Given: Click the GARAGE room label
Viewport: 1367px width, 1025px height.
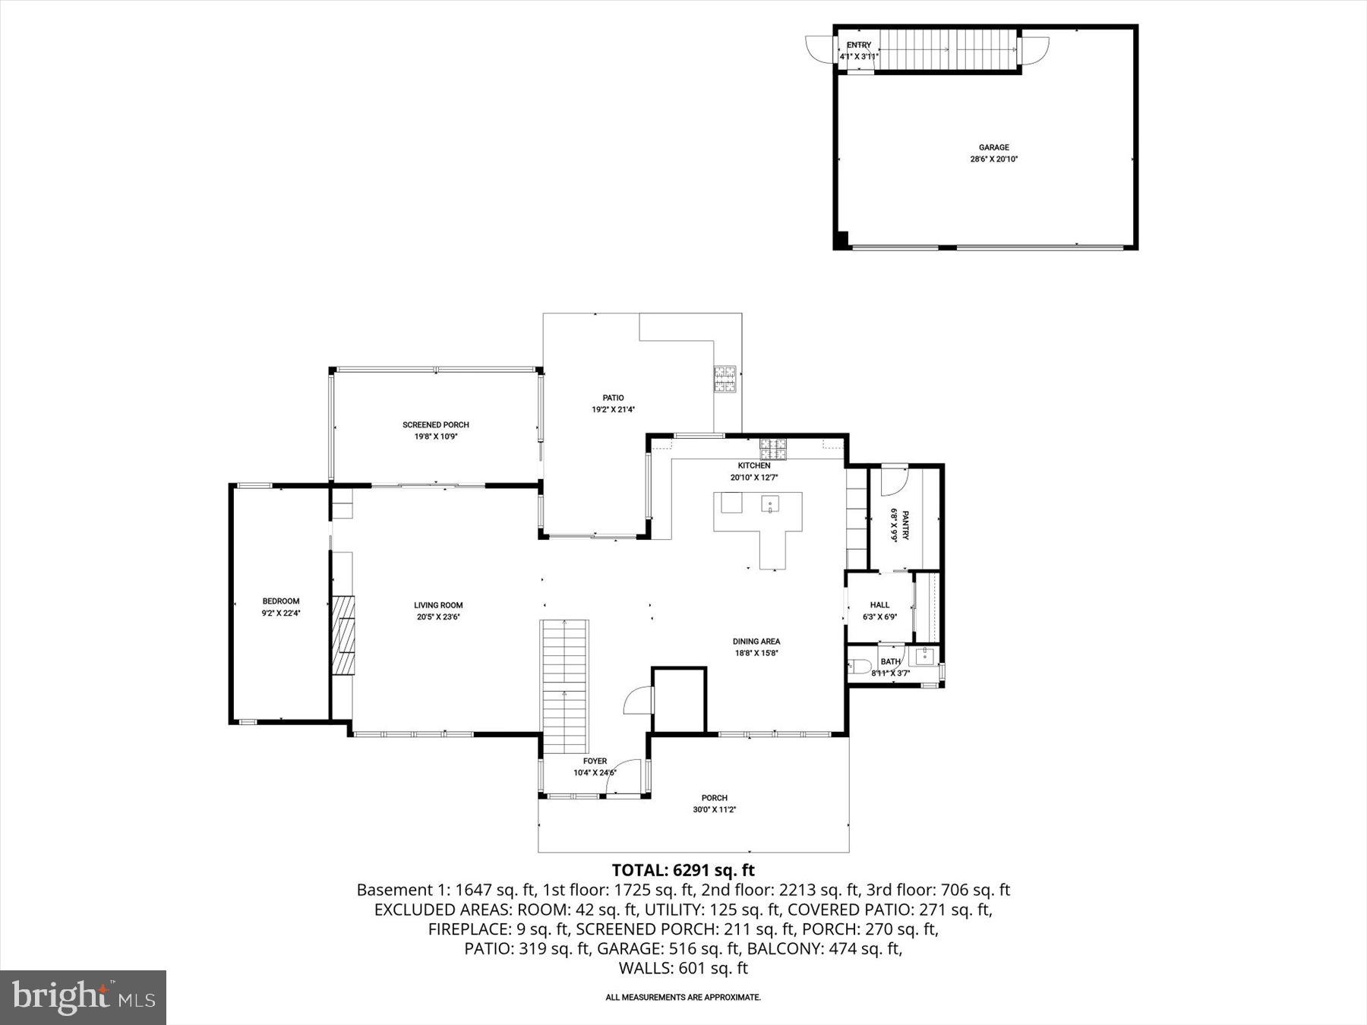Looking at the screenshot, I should click(x=993, y=147).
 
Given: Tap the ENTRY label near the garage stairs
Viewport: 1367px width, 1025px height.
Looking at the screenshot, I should click(x=858, y=46).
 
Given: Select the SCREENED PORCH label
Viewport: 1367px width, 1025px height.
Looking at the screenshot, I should click(x=435, y=424).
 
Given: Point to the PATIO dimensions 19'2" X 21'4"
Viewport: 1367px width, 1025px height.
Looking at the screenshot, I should click(x=613, y=409).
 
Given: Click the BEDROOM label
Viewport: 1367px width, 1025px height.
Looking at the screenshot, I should click(x=281, y=601).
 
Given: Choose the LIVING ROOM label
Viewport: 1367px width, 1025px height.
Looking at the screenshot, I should click(x=438, y=605).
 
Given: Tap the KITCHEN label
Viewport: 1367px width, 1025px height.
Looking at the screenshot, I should click(x=753, y=465).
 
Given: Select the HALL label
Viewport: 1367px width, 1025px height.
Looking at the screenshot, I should click(x=879, y=605).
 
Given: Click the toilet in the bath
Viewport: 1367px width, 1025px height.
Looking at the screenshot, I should click(x=859, y=667).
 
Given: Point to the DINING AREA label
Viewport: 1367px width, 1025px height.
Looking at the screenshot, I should click(x=756, y=641).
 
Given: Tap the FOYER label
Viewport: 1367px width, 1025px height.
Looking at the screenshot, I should click(x=595, y=761).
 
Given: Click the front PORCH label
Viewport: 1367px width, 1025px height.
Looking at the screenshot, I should click(x=714, y=797).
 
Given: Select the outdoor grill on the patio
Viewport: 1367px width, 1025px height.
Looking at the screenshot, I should click(x=725, y=379).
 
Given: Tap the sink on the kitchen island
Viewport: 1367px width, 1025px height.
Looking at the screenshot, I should click(x=769, y=503).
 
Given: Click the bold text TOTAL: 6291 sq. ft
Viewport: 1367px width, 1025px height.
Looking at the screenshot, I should click(x=683, y=870).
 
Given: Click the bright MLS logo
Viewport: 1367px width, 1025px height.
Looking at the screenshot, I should click(x=83, y=997).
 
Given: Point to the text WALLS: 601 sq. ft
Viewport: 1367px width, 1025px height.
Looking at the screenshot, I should click(x=683, y=968).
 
